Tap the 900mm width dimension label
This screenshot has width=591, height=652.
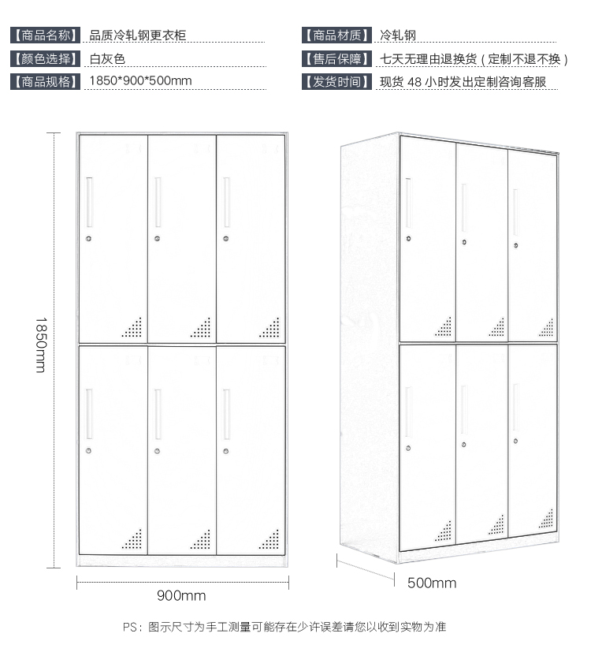click(181, 595)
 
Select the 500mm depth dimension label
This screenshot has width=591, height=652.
click(431, 583)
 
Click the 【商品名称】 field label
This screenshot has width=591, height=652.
click(46, 35)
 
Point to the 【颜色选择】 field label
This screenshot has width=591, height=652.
click(46, 58)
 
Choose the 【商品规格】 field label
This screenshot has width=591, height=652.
click(46, 81)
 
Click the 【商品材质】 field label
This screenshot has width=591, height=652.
click(336, 35)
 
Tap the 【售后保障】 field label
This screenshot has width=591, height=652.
click(336, 58)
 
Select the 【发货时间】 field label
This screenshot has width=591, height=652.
click(336, 81)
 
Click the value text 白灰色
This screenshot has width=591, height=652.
click(107, 58)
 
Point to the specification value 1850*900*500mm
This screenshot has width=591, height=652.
click(140, 81)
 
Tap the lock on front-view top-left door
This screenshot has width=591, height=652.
click(89, 237)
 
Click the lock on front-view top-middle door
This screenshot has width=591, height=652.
click(158, 237)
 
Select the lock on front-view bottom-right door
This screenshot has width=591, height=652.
click(227, 451)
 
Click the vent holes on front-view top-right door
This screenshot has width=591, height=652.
click(269, 327)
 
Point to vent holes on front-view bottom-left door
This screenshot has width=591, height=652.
click(132, 538)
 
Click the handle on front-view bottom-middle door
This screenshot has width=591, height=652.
click(158, 414)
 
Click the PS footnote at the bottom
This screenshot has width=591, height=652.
click(284, 628)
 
